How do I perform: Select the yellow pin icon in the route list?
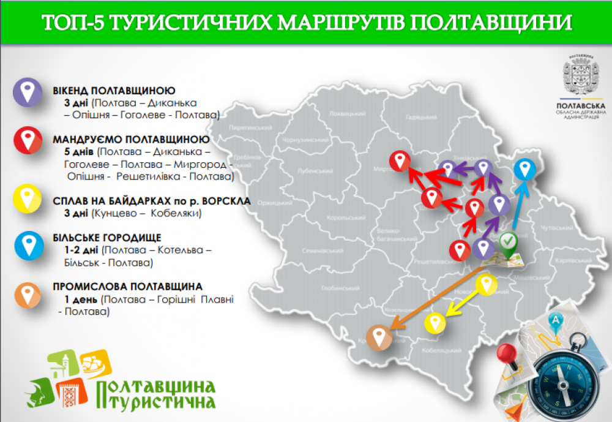(27, 198)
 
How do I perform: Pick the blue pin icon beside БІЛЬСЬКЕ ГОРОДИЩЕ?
(27, 246)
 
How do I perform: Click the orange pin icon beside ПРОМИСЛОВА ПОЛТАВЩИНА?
(27, 295)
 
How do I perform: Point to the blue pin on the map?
(524, 169)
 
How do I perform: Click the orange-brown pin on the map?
(379, 336)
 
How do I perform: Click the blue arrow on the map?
(518, 205)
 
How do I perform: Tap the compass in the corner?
(562, 373)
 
